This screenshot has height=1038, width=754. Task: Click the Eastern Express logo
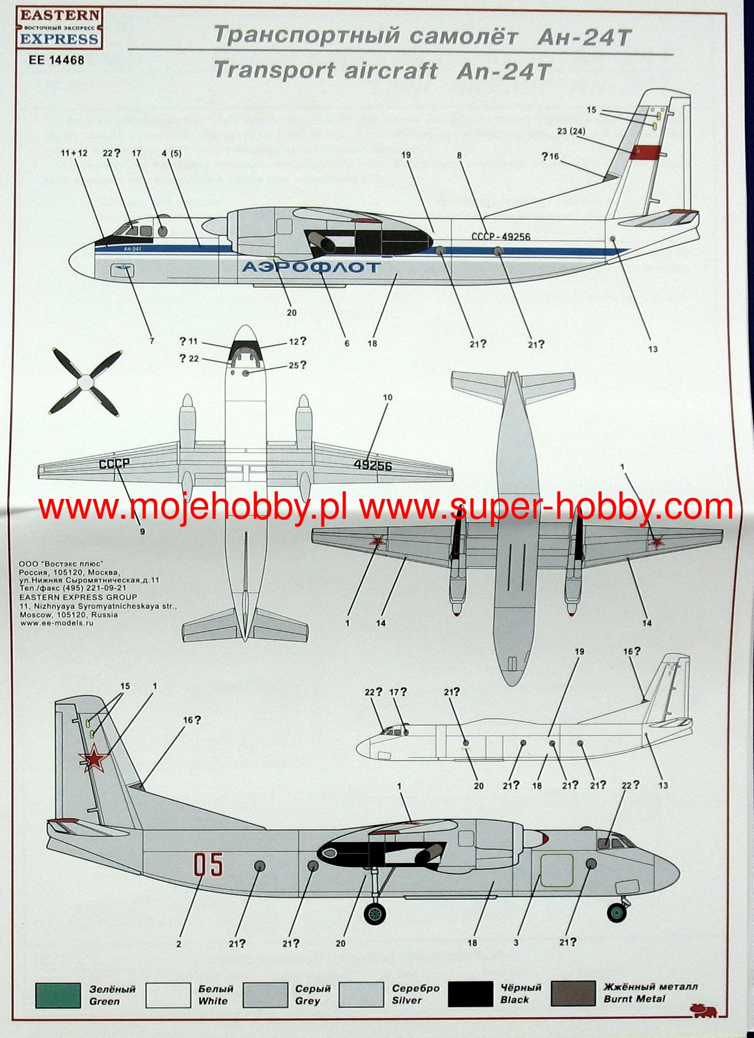pos(59,27)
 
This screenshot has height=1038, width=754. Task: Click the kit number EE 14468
pos(56,60)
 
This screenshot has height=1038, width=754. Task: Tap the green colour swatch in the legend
pos(58,995)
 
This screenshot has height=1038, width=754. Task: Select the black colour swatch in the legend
pos(470,994)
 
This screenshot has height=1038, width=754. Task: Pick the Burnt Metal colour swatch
pos(573,993)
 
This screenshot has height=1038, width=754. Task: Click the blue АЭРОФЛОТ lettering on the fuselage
pos(310,267)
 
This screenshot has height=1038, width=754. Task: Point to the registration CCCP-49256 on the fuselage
pos(500,237)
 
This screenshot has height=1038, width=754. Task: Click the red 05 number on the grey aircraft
pos(209,865)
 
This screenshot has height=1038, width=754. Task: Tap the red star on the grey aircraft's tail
pos(93,759)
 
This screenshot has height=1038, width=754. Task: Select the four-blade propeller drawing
pos(85,381)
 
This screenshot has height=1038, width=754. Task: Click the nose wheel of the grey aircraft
pos(616,911)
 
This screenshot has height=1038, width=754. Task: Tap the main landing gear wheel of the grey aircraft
pos(375,913)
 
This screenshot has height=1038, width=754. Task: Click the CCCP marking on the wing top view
pos(113,464)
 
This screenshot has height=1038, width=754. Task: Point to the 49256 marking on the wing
pos(373,466)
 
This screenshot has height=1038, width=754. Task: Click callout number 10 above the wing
pos(388,398)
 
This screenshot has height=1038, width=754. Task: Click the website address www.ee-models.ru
pos(56,623)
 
